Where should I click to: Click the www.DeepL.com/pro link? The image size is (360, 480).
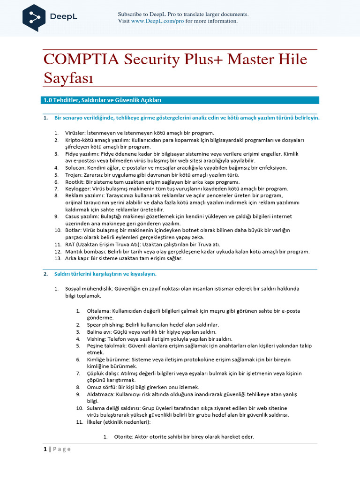[x=157, y=21]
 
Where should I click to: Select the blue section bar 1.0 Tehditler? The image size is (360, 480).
[x=181, y=100]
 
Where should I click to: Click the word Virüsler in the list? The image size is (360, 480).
[x=75, y=133]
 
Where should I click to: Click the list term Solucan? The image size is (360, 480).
[x=75, y=167]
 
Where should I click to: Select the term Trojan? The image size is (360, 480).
[x=73, y=174]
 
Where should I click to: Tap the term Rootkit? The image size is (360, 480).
[x=75, y=181]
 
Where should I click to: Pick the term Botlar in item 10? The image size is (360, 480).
[x=73, y=230]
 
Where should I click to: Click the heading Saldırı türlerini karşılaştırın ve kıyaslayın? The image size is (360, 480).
[x=105, y=274]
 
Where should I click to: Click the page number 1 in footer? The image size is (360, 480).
[x=45, y=449]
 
